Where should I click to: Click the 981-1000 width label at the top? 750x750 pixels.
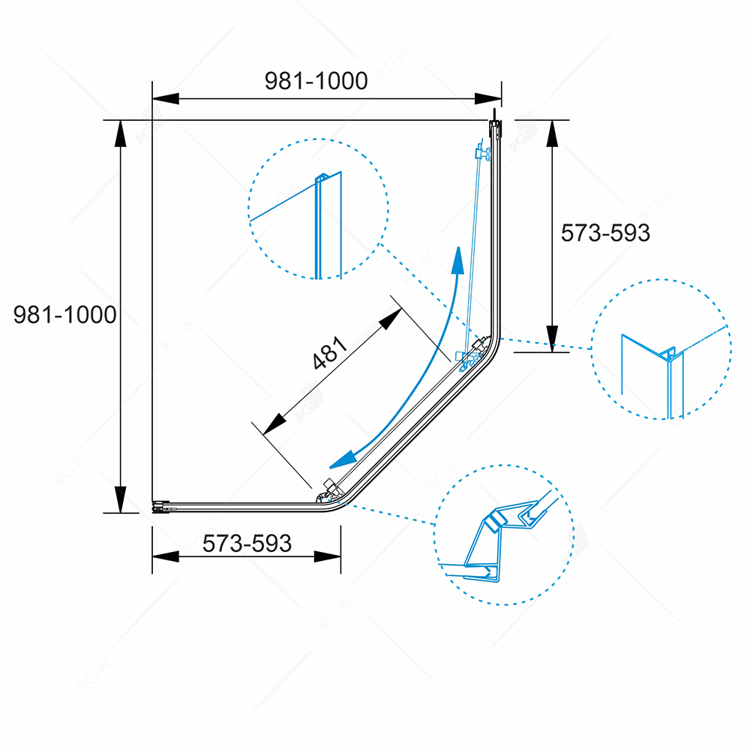tap(316, 81)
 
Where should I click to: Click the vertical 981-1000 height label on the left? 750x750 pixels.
tap(65, 315)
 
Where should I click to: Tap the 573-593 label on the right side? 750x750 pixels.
tap(605, 233)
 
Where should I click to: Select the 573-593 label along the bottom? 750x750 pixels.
tap(247, 543)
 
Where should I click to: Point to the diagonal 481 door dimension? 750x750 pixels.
tap(331, 355)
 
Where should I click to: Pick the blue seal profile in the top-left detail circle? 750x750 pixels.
tap(319, 225)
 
